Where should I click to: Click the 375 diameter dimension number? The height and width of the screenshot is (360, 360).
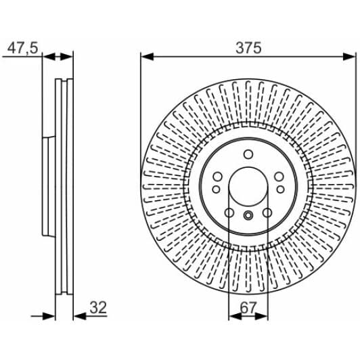coord(248,48)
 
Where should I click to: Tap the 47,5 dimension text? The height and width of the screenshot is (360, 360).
coord(22,48)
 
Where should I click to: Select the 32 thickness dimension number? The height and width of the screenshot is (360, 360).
coord(98,307)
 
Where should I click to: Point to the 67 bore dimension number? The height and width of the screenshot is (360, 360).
coord(248,308)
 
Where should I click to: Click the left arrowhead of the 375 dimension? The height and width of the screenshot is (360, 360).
coord(147,56)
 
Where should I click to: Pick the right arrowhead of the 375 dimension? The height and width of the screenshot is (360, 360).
coord(349,56)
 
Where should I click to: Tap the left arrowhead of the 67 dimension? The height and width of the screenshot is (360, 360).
coord(235,317)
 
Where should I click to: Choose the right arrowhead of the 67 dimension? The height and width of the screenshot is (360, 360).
coord(261,317)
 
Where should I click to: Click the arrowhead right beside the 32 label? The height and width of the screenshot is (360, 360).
coord(80,317)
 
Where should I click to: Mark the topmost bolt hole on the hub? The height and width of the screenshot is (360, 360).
coord(248,154)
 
